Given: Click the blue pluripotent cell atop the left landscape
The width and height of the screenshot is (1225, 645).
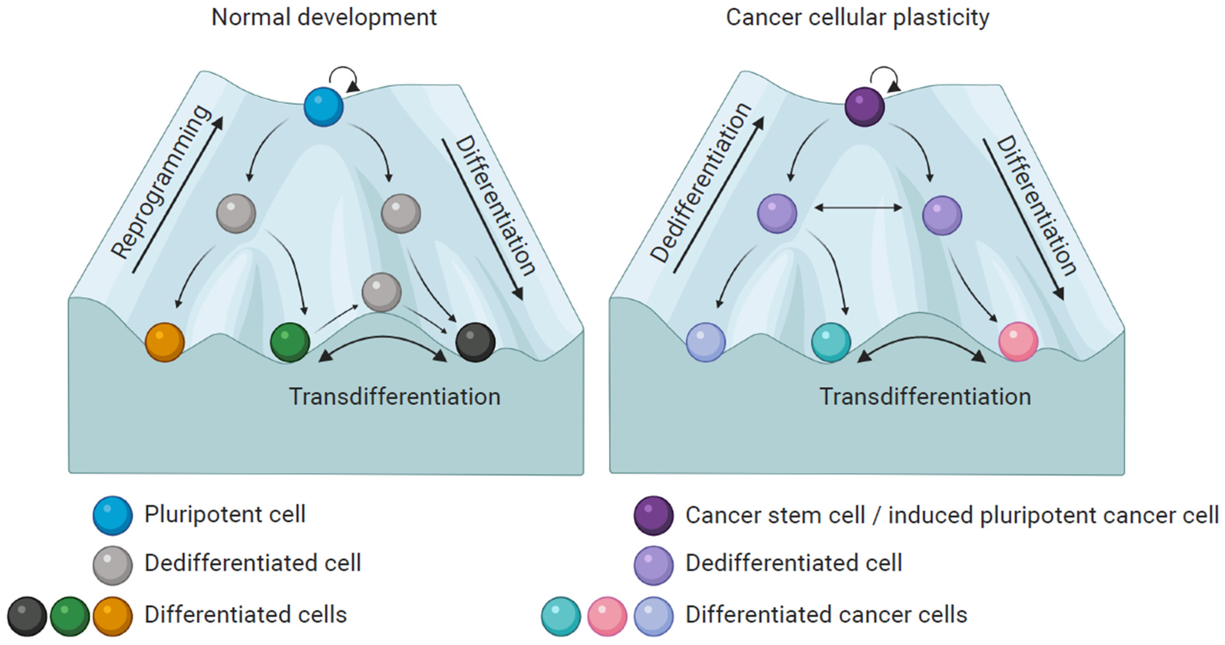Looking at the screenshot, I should click(x=323, y=107).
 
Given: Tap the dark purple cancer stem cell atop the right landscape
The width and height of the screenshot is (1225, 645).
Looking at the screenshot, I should click(x=864, y=107).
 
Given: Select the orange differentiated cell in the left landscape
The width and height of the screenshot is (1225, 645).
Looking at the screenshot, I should click(x=165, y=342).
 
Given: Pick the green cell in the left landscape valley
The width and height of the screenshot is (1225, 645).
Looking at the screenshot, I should click(x=290, y=342).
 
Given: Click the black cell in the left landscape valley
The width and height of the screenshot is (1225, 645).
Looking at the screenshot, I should click(x=475, y=342).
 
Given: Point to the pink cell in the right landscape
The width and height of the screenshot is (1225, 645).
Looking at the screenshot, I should click(x=1018, y=342).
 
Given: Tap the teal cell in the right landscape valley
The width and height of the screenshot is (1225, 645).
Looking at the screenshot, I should click(x=831, y=342).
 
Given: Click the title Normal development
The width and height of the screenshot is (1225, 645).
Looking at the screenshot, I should click(x=324, y=18).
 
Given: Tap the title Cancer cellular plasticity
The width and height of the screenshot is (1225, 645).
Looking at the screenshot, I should click(x=857, y=18).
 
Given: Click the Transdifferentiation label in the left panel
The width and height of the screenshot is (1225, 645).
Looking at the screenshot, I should click(x=395, y=397).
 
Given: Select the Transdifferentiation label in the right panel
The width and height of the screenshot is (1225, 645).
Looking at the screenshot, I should click(x=925, y=397).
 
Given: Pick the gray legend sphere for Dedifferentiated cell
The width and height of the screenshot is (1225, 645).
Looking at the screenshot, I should click(x=113, y=565).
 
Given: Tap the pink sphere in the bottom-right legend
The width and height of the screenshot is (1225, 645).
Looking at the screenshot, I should click(x=607, y=616).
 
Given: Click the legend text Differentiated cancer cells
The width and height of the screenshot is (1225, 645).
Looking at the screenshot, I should click(x=826, y=615).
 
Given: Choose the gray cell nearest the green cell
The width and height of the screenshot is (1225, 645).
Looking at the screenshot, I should click(x=381, y=292).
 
